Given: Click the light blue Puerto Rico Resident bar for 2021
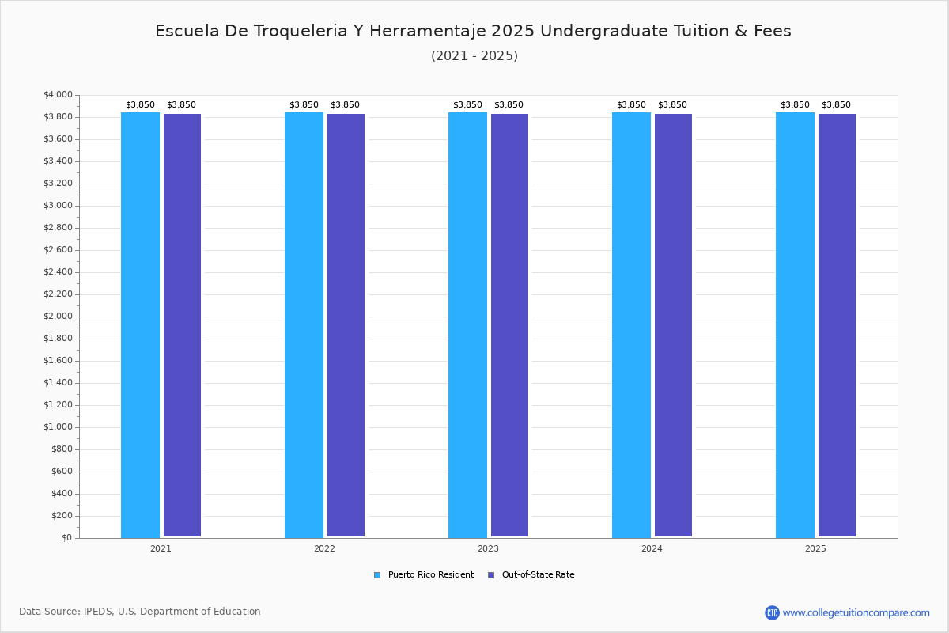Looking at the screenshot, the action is pyautogui.click(x=140, y=325).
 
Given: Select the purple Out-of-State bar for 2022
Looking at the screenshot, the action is pyautogui.click(x=346, y=325).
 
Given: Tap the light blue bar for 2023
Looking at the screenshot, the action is pyautogui.click(x=467, y=325).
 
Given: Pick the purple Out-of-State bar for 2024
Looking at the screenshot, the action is pyautogui.click(x=673, y=325).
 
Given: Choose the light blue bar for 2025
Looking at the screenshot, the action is pyautogui.click(x=796, y=325).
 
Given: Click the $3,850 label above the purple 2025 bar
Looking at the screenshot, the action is pyautogui.click(x=836, y=104).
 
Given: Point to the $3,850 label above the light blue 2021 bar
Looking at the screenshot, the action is pyautogui.click(x=140, y=104).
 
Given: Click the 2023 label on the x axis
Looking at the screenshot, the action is pyautogui.click(x=488, y=548).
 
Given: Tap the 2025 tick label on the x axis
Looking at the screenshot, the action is pyautogui.click(x=815, y=548).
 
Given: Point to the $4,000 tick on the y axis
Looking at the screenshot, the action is pyautogui.click(x=58, y=94).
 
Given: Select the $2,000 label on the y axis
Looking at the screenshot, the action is pyautogui.click(x=58, y=316).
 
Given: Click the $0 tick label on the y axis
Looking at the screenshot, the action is pyautogui.click(x=67, y=538).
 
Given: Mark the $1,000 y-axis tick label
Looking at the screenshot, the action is pyautogui.click(x=58, y=427).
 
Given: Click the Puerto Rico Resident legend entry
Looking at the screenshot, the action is pyautogui.click(x=424, y=575).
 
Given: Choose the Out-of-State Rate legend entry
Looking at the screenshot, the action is pyautogui.click(x=531, y=575).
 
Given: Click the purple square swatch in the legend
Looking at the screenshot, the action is pyautogui.click(x=491, y=575).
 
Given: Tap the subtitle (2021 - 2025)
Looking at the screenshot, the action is pyautogui.click(x=475, y=56).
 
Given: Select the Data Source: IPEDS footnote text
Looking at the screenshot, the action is pyautogui.click(x=140, y=612).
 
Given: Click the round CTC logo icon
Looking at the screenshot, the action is pyautogui.click(x=773, y=612).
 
